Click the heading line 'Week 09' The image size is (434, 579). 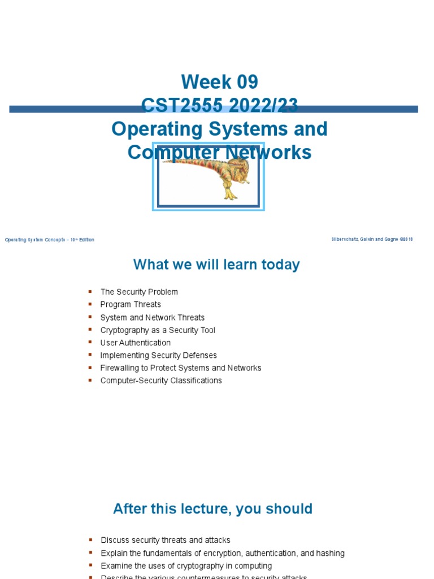click(219, 83)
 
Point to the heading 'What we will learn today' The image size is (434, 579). click(216, 265)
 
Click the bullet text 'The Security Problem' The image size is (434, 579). click(139, 292)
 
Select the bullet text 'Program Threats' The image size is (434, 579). click(131, 304)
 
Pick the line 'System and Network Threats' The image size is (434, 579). click(153, 317)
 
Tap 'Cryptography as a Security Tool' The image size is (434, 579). click(158, 330)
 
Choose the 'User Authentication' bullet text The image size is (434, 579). click(136, 343)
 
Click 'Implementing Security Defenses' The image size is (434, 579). click(159, 355)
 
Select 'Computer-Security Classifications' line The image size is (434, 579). click(161, 381)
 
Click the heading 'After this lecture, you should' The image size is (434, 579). click(212, 509)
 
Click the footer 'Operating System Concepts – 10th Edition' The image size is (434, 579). click(50, 240)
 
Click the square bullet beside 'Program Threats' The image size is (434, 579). click(89, 304)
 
